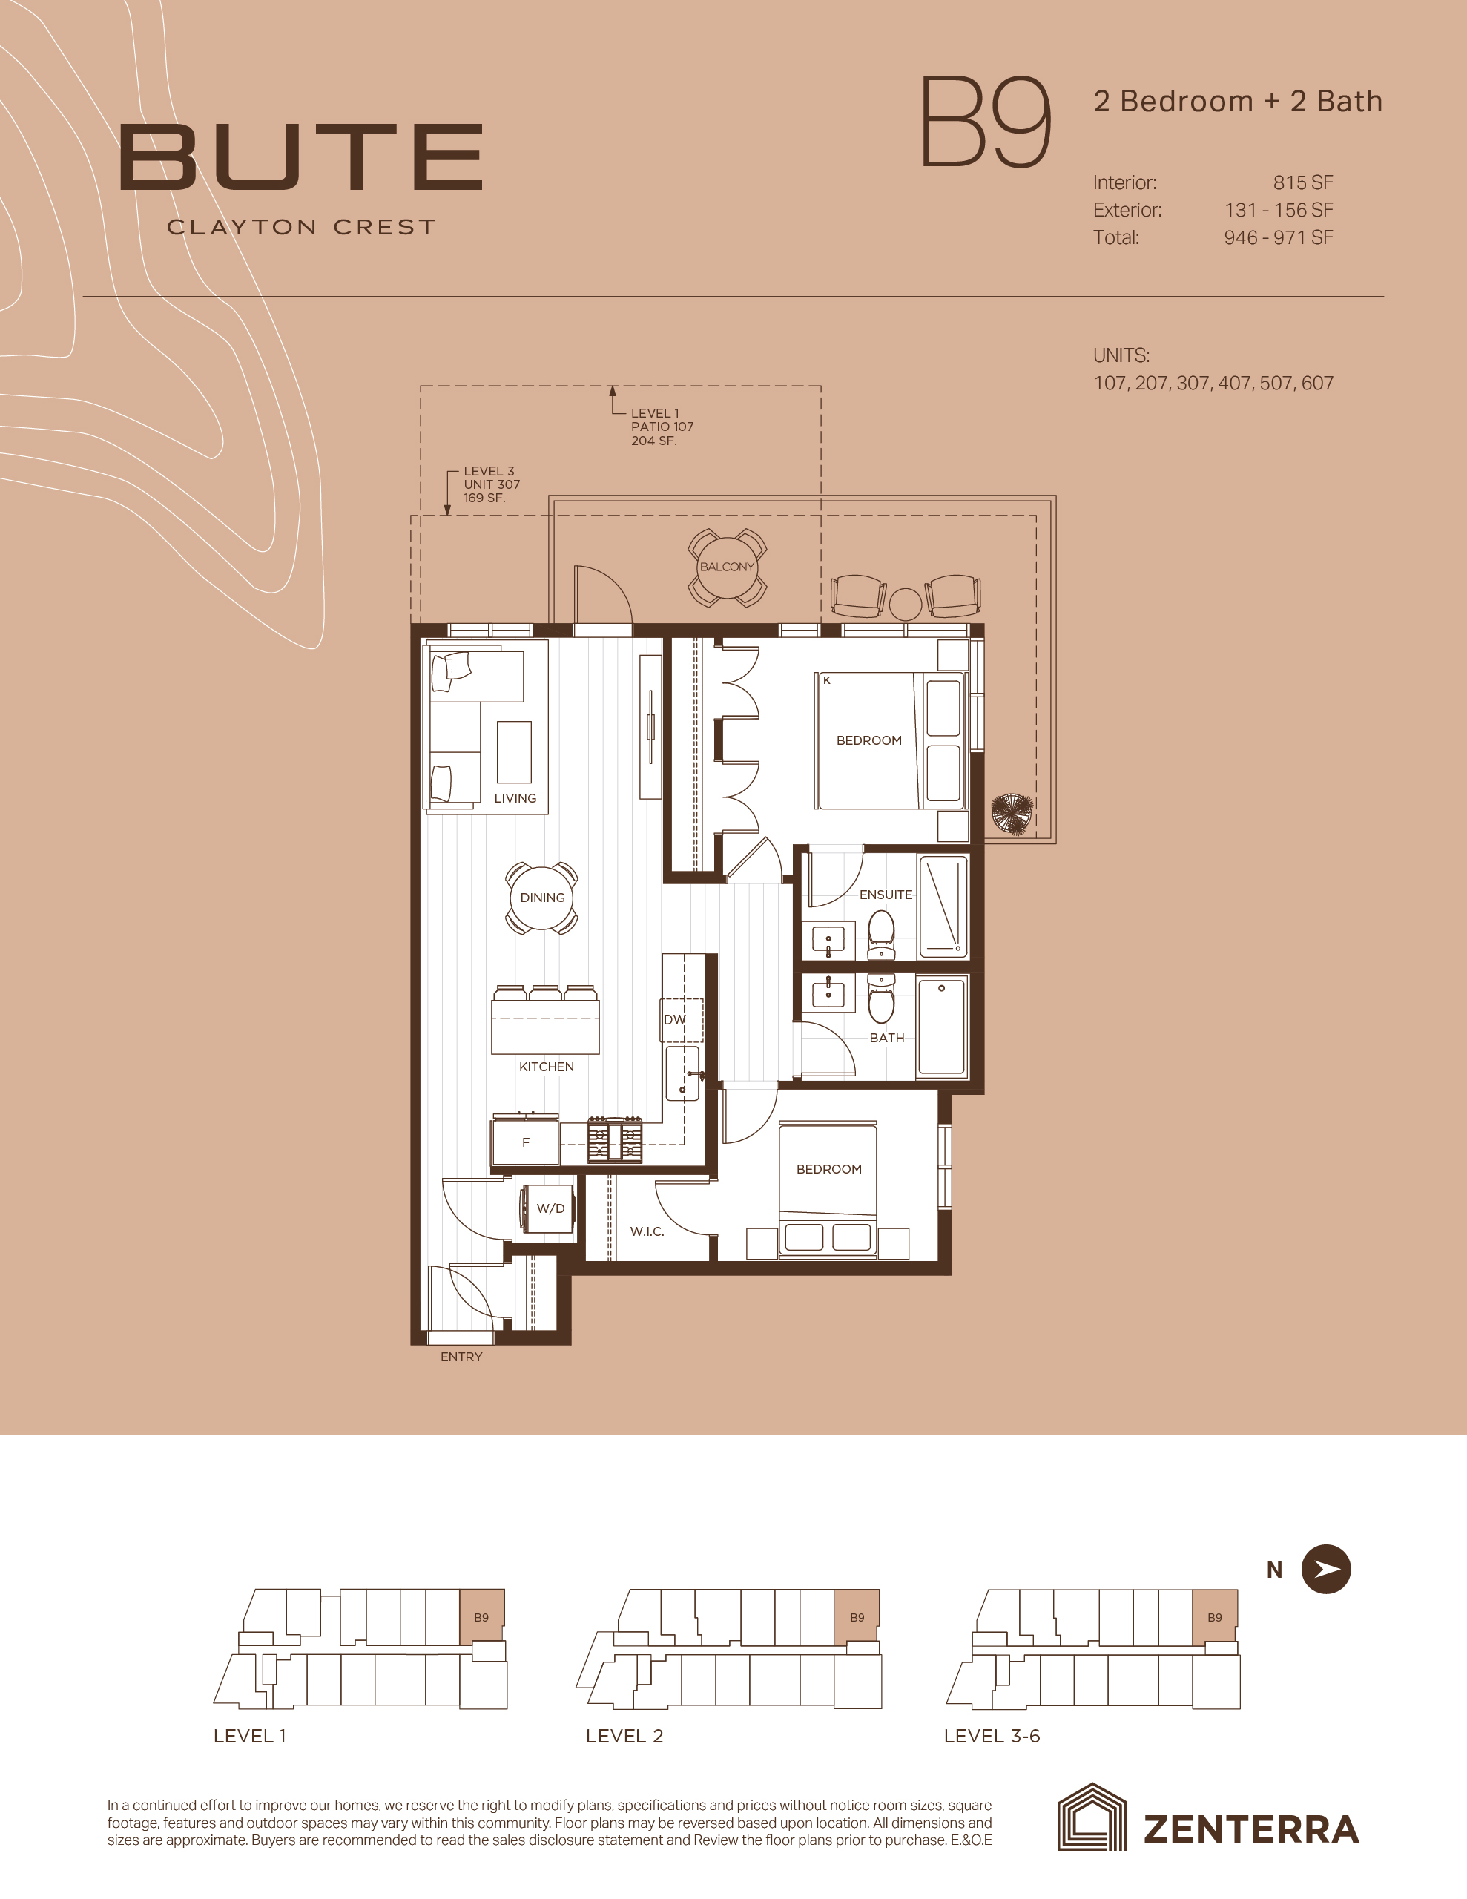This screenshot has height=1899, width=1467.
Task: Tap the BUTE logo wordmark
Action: pyautogui.click(x=301, y=157)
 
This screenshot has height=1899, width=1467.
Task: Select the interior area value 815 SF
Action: pyautogui.click(x=1302, y=182)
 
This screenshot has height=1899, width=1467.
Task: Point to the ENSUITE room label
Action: pyautogui.click(x=886, y=894)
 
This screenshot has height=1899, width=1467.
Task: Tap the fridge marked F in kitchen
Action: pyautogui.click(x=525, y=1142)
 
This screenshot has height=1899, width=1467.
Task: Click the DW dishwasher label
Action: pyautogui.click(x=675, y=1020)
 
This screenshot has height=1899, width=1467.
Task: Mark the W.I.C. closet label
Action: pyautogui.click(x=647, y=1231)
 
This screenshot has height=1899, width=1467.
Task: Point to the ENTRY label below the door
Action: pyautogui.click(x=461, y=1357)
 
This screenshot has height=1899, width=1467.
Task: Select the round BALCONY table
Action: pyautogui.click(x=727, y=567)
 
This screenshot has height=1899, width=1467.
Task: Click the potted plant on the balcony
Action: pyautogui.click(x=1012, y=814)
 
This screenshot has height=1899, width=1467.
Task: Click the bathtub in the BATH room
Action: pyautogui.click(x=943, y=1027)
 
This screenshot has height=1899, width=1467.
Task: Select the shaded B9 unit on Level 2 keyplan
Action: pyautogui.click(x=857, y=1616)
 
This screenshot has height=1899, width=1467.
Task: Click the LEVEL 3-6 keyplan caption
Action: pyautogui.click(x=992, y=1736)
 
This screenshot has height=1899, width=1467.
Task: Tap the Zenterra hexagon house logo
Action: pyautogui.click(x=1091, y=1829)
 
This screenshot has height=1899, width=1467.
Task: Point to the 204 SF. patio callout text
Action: pyautogui.click(x=654, y=441)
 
